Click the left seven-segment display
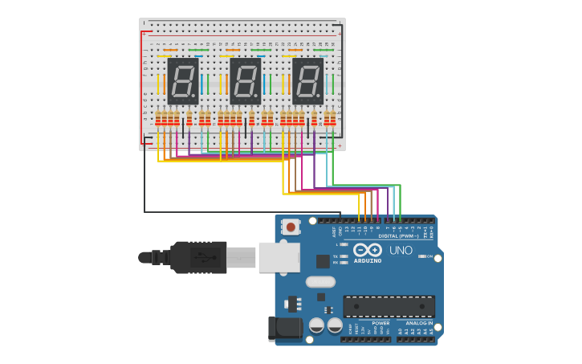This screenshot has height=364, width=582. point(183,81)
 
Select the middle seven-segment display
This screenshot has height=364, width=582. point(246,81)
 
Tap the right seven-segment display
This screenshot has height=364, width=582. point(307,81)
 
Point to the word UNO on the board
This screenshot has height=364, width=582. point(401,251)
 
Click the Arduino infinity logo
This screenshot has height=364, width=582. point(368,250)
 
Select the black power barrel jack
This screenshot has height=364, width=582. point(284,327)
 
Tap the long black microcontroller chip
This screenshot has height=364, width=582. point(389,306)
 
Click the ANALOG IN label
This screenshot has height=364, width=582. point(419,323)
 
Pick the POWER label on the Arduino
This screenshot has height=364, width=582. point(381,323)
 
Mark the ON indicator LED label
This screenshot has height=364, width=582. point(429,256)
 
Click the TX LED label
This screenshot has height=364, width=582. point(336,256)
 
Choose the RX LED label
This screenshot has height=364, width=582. point(336,263)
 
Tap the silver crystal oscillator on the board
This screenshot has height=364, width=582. point(320,282)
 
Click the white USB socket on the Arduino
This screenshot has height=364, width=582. point(279,257)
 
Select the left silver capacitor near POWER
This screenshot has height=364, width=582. point(316,325)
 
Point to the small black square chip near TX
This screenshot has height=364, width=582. point(323,261)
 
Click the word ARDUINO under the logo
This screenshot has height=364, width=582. point(368,260)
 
